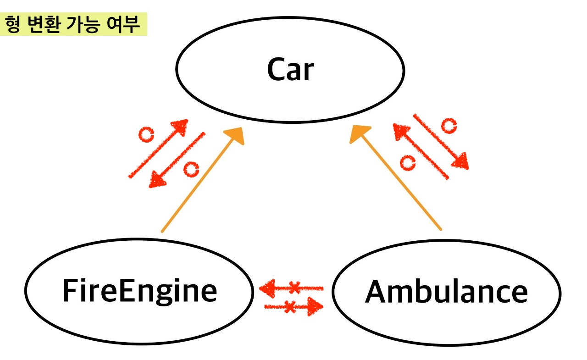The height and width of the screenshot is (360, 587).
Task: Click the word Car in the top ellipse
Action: pyautogui.click(x=290, y=70)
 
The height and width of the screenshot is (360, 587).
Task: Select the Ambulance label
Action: pyautogui.click(x=446, y=292)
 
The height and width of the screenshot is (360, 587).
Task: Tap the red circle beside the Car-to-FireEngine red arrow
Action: pyautogui.click(x=191, y=169)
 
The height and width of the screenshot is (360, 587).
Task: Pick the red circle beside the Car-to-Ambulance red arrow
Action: pyautogui.click(x=449, y=125)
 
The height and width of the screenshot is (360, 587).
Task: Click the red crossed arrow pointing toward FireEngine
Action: pyautogui.click(x=291, y=288)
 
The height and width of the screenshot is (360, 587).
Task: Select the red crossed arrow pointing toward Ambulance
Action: pyautogui.click(x=293, y=305)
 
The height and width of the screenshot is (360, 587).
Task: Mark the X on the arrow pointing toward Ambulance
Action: pyautogui.click(x=289, y=306)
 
